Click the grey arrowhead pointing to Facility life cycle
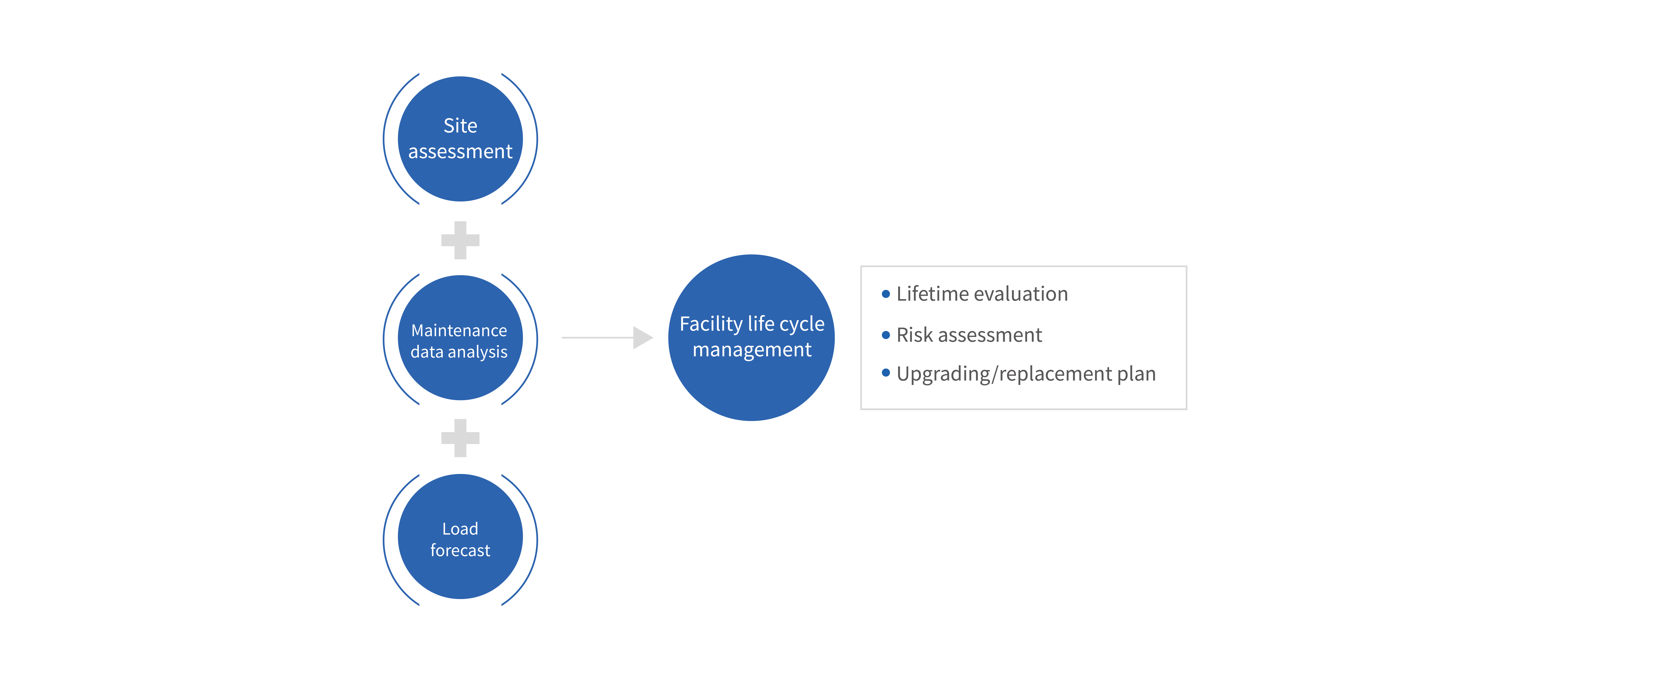coord(642,337)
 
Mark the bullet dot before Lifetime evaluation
coord(886,294)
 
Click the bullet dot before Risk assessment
coord(886,335)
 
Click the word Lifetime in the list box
coord(932,294)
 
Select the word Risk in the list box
coord(914,335)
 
